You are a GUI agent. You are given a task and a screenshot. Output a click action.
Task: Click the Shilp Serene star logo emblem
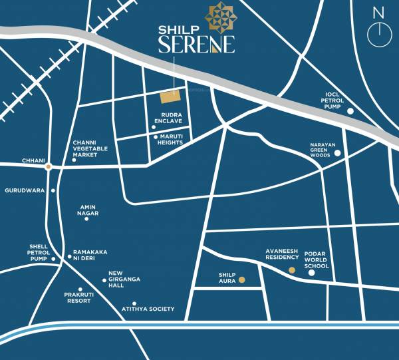pyautogui.click(x=219, y=17)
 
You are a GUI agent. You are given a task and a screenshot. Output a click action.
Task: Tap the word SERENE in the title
pyautogui.click(x=196, y=45)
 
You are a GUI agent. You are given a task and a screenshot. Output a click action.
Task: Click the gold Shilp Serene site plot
pyautogui.click(x=170, y=97)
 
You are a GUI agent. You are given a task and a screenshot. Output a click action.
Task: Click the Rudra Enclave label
pyautogui.click(x=168, y=118)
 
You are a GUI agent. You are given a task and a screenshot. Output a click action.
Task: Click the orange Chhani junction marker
pyautogui.click(x=48, y=167)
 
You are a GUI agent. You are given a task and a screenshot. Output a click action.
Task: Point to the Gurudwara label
pyautogui.click(x=25, y=190)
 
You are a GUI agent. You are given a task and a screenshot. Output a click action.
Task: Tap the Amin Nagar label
pyautogui.click(x=88, y=210)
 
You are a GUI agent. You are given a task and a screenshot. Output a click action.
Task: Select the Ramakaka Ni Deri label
pyautogui.click(x=90, y=256)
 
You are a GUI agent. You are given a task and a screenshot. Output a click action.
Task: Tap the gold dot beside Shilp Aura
pyautogui.click(x=242, y=280)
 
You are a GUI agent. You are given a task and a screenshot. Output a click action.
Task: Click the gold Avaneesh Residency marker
pyautogui.click(x=291, y=270)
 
